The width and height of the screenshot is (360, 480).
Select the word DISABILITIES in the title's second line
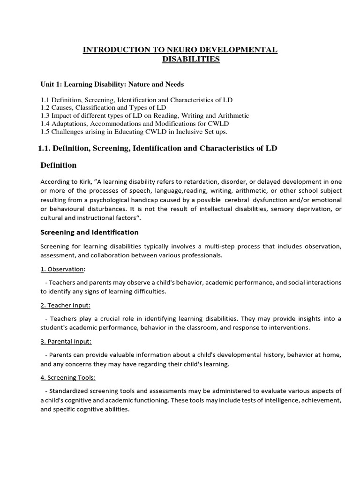pos(190,59)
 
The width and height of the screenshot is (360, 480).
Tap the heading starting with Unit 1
pos(112,84)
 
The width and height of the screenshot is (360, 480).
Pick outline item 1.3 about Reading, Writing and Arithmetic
pos(145,115)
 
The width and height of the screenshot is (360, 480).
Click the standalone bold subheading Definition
pos(58,165)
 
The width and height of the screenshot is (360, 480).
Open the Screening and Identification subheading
pos(90,232)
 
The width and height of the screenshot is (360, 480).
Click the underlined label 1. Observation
pos(62,269)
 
